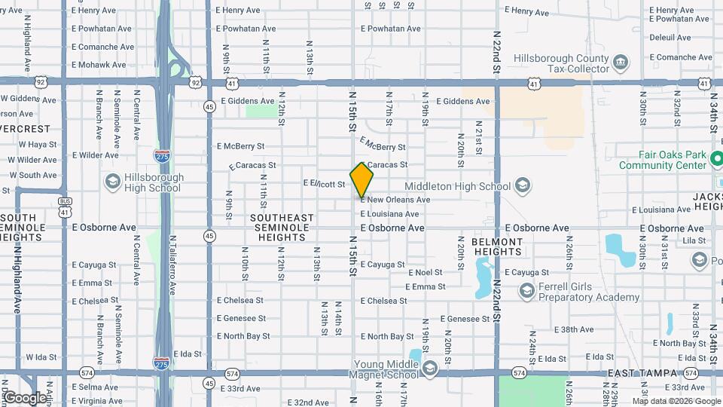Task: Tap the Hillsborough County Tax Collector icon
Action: pyautogui.click(x=621, y=61)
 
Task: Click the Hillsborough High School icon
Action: pyautogui.click(x=112, y=182)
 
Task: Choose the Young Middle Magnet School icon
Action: pyautogui.click(x=429, y=369)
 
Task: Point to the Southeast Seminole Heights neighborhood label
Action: pyautogui.click(x=282, y=228)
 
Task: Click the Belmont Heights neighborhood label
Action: pyautogui.click(x=497, y=247)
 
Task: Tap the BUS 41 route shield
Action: pyautogui.click(x=66, y=207)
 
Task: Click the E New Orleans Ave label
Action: pyautogui.click(x=395, y=200)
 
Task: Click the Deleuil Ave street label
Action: pyautogui.click(x=670, y=37)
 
